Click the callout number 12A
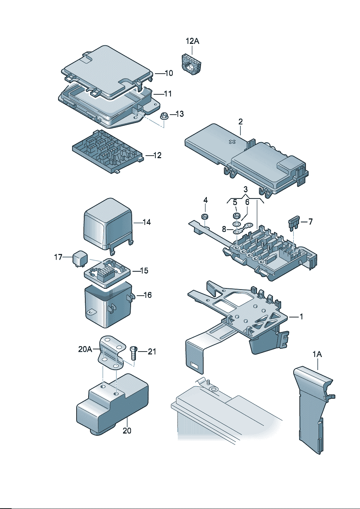coord(192,41)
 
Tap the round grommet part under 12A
coord(191,65)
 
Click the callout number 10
coord(169,73)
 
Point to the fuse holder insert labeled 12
coord(107,151)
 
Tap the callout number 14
coord(147,222)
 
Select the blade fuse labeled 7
coord(294,223)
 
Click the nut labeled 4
coord(205,217)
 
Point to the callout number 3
coord(246,189)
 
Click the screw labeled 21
coord(134,353)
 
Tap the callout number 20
coord(127,431)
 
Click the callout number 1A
coord(317,354)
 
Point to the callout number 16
coord(147,295)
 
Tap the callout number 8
coord(224,229)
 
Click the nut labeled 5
coord(236,216)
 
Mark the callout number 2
coord(240,122)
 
